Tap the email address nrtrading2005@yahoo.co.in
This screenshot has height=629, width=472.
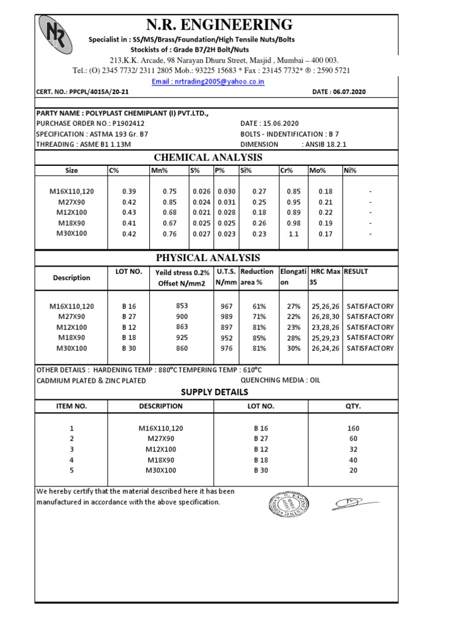tap(208, 81)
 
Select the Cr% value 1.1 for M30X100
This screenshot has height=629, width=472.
tap(296, 233)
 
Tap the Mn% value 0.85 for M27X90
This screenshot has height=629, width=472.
tap(169, 202)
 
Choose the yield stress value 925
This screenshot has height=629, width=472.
tap(181, 338)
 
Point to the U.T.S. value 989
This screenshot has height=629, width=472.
tap(226, 317)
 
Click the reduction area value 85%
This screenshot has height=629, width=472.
tap(258, 338)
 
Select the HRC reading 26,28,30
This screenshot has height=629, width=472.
tap(325, 317)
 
